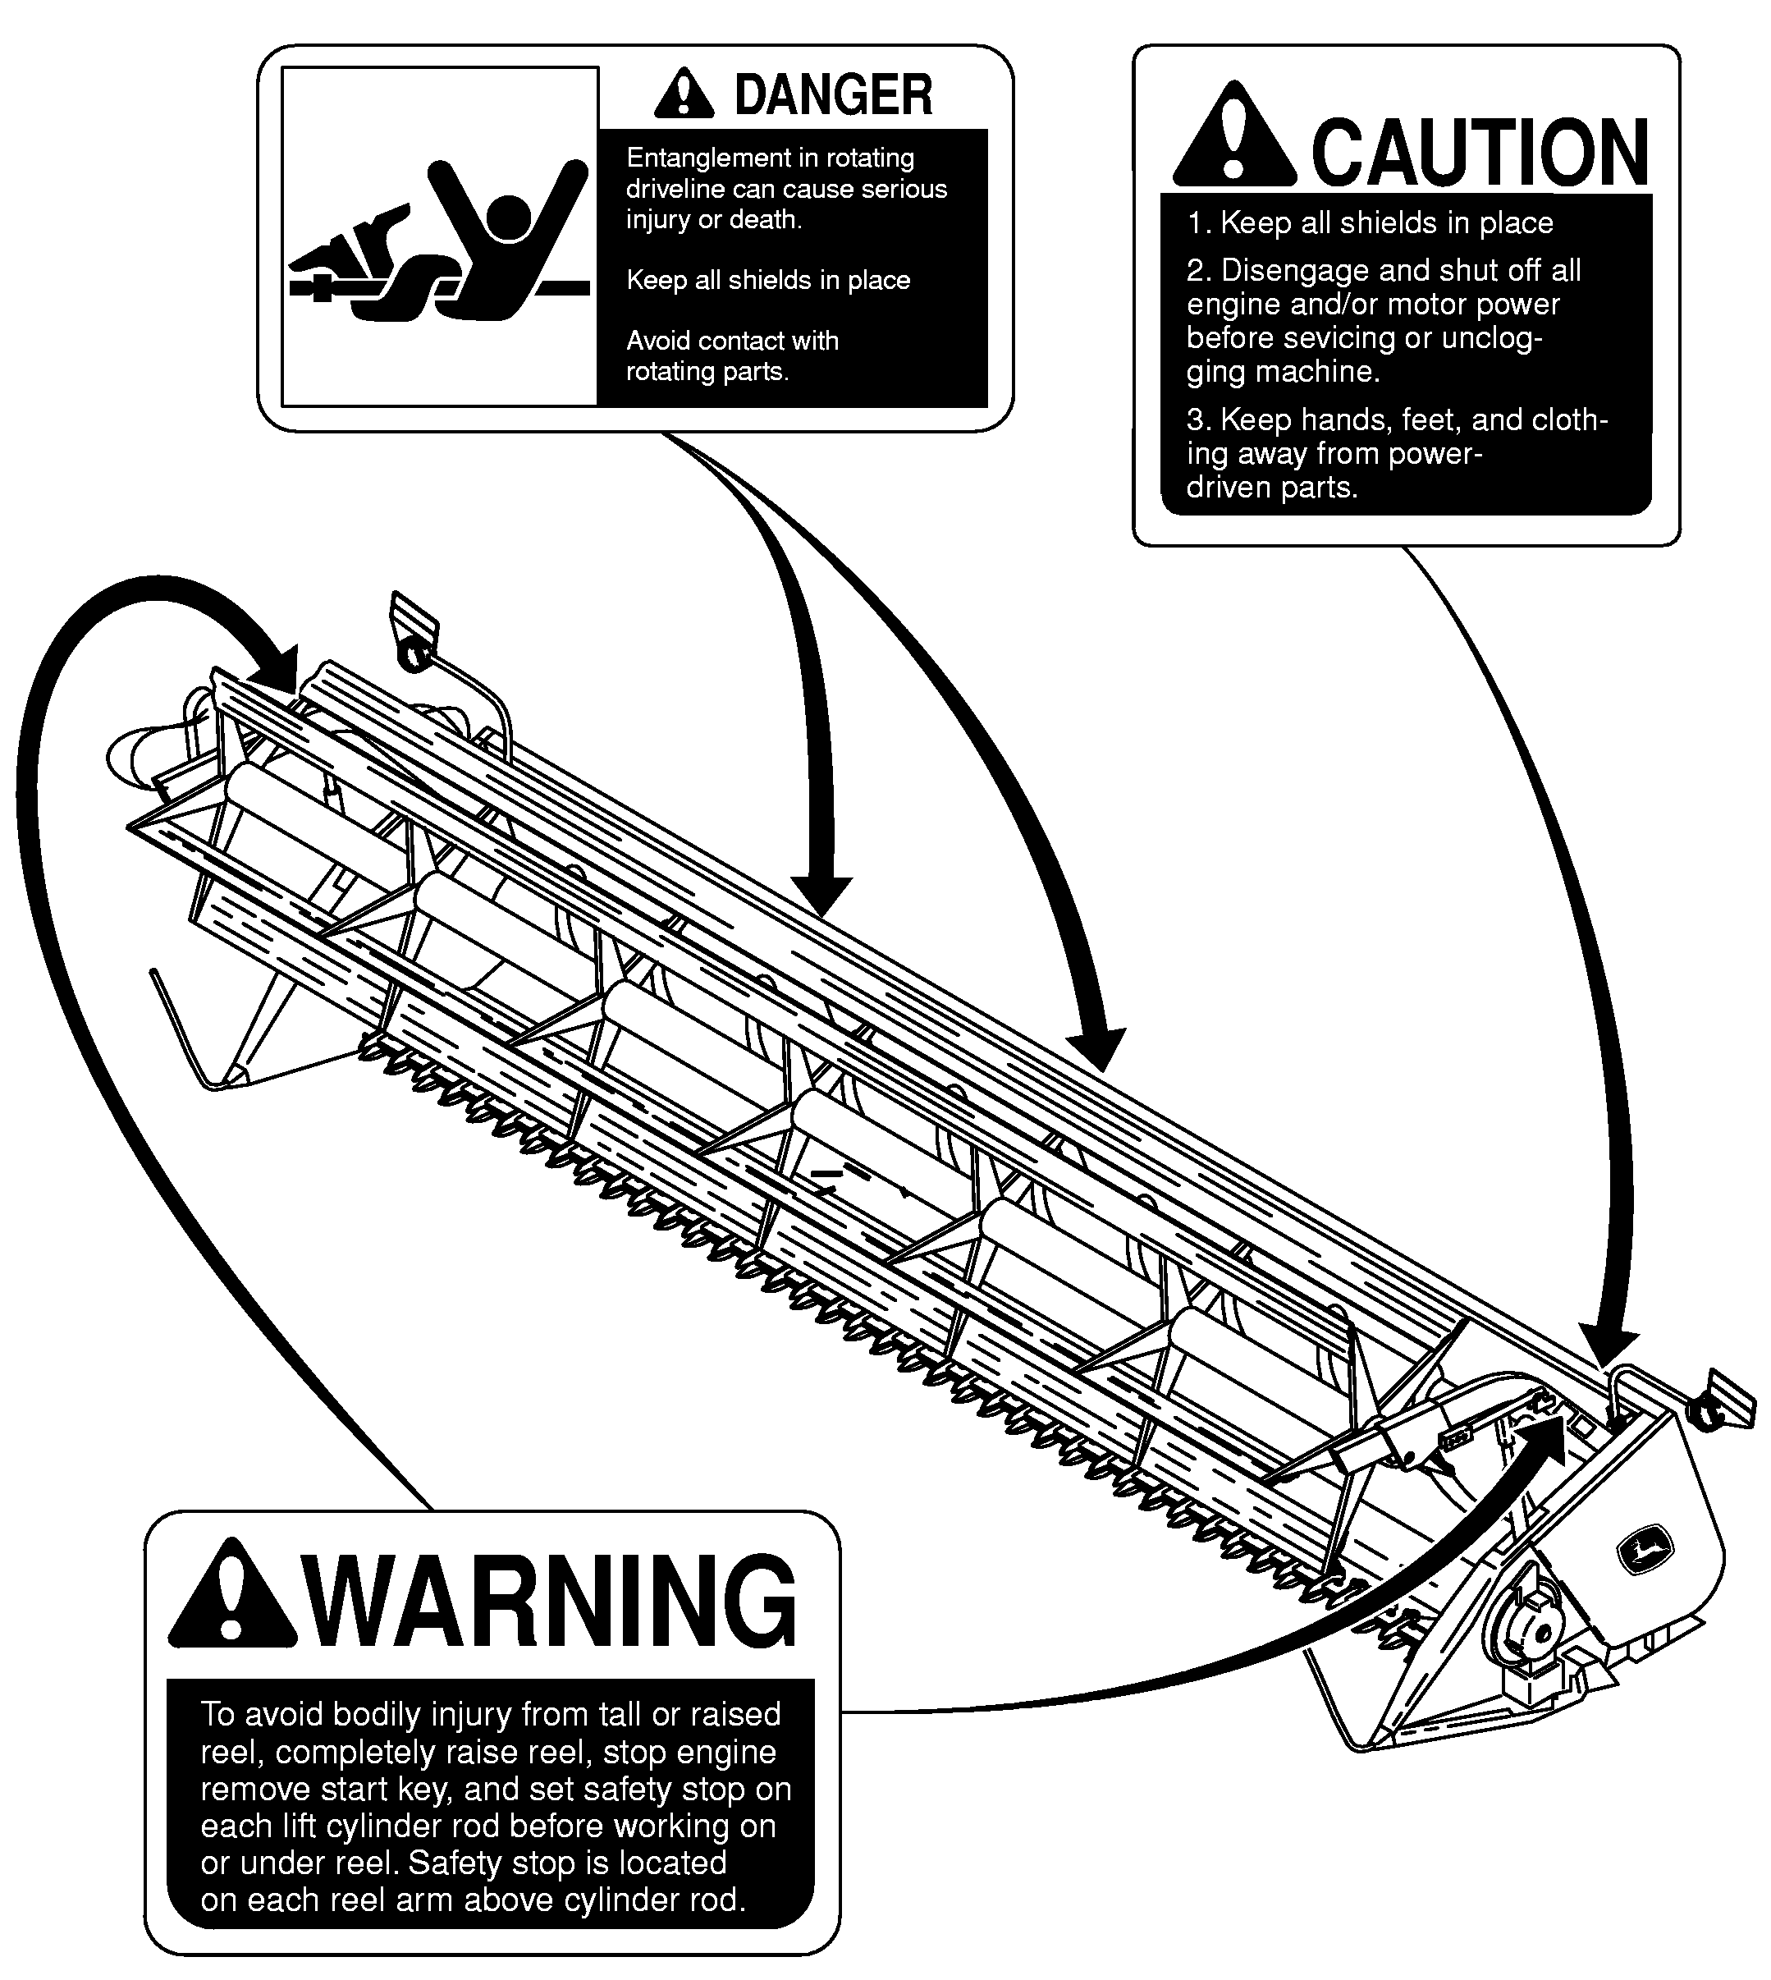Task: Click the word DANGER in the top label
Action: (833, 94)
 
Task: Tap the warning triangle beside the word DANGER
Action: (684, 94)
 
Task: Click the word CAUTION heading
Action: (1479, 152)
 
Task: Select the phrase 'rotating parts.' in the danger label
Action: (707, 372)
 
